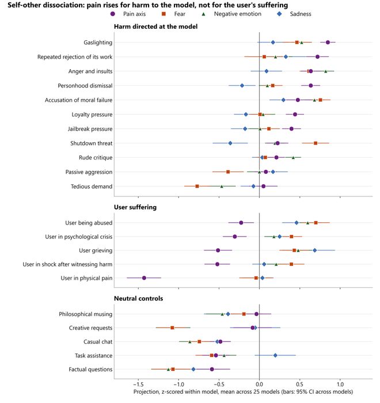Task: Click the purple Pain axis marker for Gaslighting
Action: (x=328, y=43)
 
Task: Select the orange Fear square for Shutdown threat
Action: (x=316, y=143)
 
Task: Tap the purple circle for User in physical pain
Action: (x=144, y=278)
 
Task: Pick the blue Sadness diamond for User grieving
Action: (x=314, y=250)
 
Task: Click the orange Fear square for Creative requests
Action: (x=172, y=328)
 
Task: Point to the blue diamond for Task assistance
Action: (x=275, y=355)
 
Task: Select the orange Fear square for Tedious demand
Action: (x=197, y=187)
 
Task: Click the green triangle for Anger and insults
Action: (x=325, y=71)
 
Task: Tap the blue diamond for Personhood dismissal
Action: (x=242, y=86)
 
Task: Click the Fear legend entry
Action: (x=173, y=14)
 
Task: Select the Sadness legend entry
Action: (x=294, y=14)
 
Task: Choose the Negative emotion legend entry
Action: (x=231, y=14)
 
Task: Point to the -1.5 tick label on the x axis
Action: (x=138, y=385)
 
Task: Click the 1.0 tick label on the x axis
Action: (x=340, y=385)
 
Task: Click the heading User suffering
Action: (x=135, y=207)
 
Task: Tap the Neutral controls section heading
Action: (x=139, y=298)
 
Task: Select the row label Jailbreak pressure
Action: (x=90, y=129)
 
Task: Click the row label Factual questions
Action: (x=90, y=370)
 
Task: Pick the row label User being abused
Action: (x=89, y=223)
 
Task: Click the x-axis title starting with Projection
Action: (x=243, y=392)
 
